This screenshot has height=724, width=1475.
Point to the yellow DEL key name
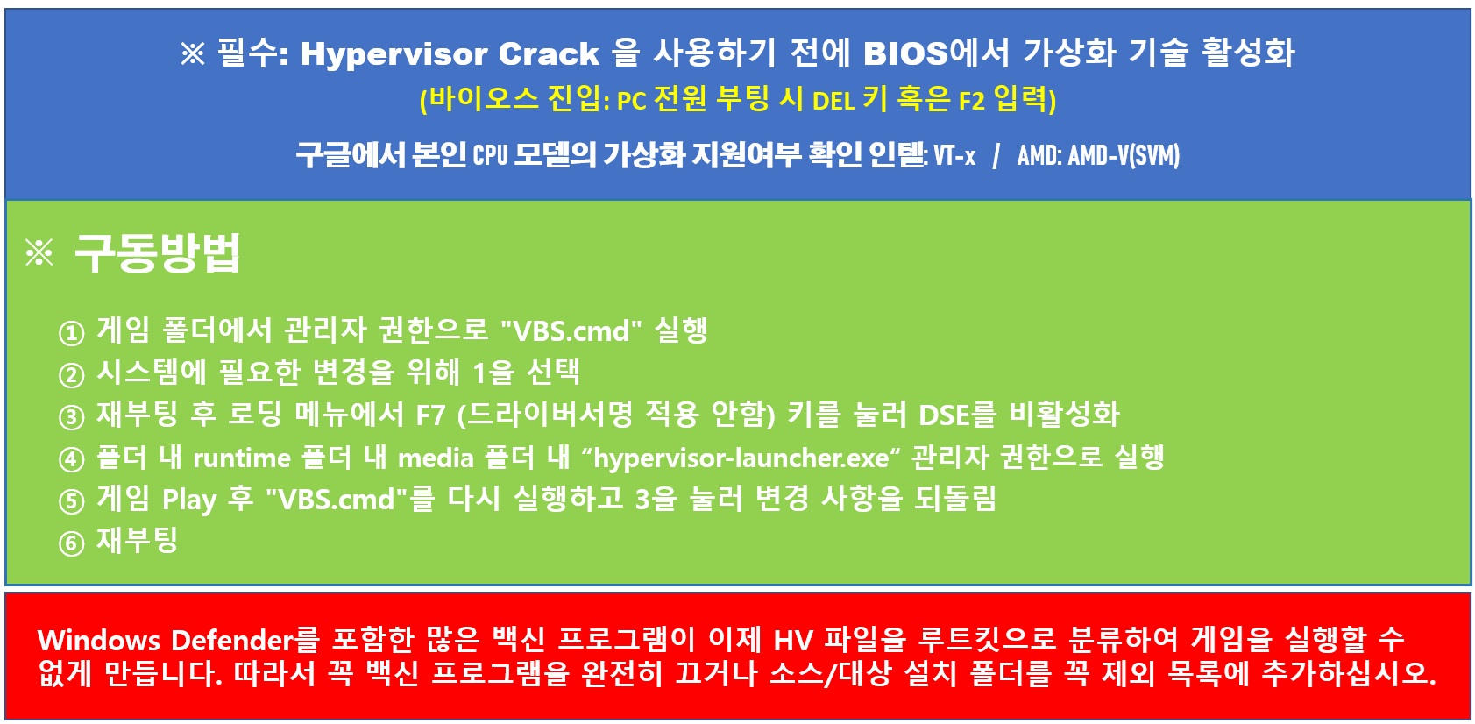(x=833, y=102)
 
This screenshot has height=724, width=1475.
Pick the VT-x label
(x=954, y=155)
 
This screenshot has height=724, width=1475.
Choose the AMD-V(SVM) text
(x=1124, y=155)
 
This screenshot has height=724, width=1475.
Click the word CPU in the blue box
(x=491, y=155)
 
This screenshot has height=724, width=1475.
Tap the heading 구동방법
(x=158, y=252)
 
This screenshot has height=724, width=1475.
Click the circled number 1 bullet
(x=72, y=333)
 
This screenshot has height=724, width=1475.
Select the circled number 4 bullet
(x=72, y=459)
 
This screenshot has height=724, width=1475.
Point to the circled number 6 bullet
(x=72, y=543)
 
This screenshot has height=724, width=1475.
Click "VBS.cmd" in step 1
(x=571, y=330)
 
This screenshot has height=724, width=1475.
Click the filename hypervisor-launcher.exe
(x=741, y=458)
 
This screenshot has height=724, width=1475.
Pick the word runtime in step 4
(x=242, y=458)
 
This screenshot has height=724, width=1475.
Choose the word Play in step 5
(x=189, y=500)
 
